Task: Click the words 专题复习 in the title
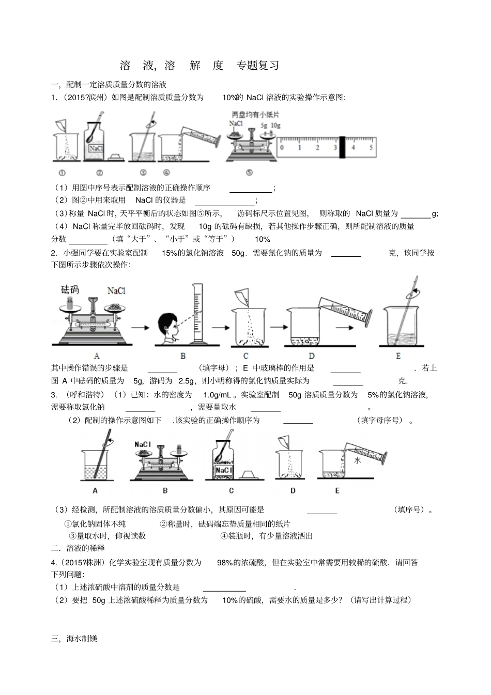click(x=258, y=66)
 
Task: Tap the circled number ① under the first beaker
click(x=62, y=173)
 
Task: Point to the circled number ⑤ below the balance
click(x=249, y=173)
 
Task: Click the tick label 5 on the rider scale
click(x=371, y=148)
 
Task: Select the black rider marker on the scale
click(x=342, y=147)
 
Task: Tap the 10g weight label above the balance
click(x=275, y=126)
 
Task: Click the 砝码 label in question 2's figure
click(x=70, y=289)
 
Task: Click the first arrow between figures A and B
click(x=139, y=327)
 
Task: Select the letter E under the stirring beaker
click(x=398, y=356)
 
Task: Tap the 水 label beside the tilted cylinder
click(x=357, y=460)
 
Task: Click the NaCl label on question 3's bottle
click(x=223, y=470)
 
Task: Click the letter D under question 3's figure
click(x=293, y=490)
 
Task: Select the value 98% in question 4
click(x=225, y=562)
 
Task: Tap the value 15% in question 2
click(x=170, y=253)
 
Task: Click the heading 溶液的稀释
click(x=85, y=548)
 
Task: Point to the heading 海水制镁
click(x=82, y=638)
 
